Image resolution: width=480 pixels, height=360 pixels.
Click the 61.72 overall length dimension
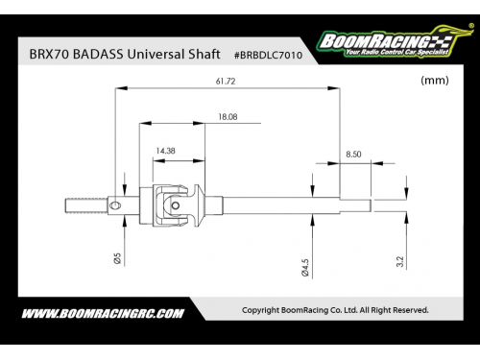tap(226, 82)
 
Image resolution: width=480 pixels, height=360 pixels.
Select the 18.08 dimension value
tap(228, 117)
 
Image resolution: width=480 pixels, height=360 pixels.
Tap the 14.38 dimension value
tap(165, 151)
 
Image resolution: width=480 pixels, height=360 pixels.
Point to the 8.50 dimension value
tap(353, 155)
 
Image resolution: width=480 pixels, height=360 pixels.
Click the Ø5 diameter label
tap(117, 258)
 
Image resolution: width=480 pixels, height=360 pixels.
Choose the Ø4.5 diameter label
tap(305, 268)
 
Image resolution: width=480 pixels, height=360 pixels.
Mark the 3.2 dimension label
tap(400, 261)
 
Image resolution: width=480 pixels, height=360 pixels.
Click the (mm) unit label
tap(435, 80)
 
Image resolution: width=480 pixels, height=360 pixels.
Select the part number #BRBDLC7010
tap(268, 55)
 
